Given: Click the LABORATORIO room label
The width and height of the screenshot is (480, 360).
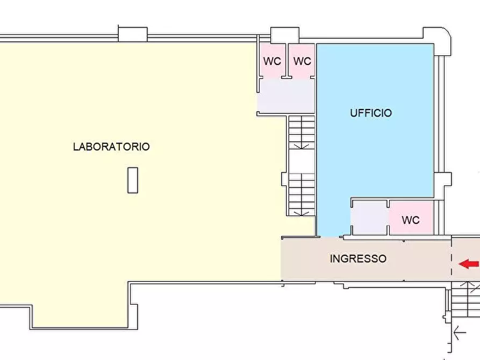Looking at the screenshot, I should point(111,146).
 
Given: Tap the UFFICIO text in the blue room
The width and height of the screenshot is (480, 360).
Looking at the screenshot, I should point(371,113).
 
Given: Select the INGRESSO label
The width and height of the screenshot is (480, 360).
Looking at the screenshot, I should point(358,258).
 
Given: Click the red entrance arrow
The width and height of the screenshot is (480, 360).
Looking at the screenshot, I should point(469,264).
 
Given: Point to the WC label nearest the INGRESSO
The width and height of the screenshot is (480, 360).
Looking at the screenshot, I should point(411,220).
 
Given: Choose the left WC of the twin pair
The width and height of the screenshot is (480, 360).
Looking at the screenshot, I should point(273,61).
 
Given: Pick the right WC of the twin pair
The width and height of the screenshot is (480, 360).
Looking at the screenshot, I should point(302,61).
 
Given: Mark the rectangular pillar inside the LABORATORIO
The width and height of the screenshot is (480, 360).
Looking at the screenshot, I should point(132,180).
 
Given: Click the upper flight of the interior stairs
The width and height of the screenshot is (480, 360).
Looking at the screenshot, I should point(302,132).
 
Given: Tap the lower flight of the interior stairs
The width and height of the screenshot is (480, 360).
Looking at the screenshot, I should point(302,194).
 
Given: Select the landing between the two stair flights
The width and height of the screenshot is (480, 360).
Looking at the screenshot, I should point(302,161).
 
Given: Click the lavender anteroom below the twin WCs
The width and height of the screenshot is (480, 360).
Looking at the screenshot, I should point(286,96).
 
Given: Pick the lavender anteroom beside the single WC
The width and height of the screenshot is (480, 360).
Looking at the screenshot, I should point(369,219).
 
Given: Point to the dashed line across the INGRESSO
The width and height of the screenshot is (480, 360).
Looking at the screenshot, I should point(451,258).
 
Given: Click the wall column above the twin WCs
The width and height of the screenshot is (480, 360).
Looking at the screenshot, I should point(284,35).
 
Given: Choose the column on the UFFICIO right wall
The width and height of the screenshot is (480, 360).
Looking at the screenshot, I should point(443,185).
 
